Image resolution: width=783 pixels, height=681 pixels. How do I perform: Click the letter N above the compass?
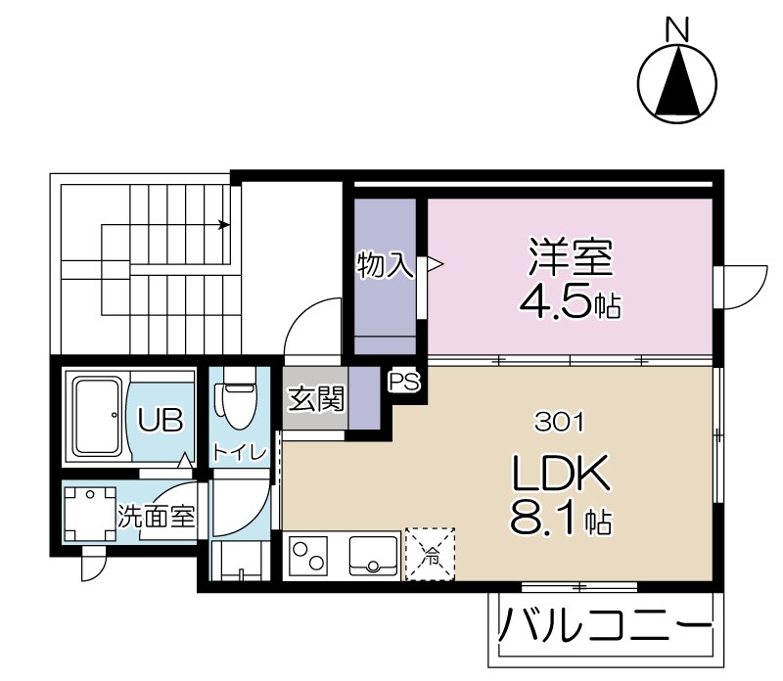tap(676, 30)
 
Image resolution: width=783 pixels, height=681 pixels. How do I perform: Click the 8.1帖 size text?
tap(561, 519)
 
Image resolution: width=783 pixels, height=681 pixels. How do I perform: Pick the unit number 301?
tap(560, 422)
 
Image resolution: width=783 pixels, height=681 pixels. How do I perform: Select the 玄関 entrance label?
tap(316, 399)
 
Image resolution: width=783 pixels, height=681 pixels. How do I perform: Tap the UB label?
tap(160, 421)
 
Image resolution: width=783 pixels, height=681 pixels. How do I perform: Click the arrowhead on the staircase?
tap(225, 225)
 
